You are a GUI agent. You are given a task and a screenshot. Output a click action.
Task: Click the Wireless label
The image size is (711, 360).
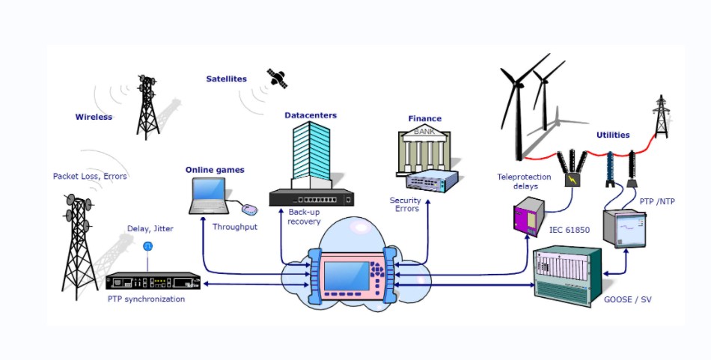point(94,117)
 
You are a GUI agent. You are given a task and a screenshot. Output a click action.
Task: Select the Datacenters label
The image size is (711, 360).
point(311,115)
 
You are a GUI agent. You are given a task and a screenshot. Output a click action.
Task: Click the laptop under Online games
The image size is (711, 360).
point(207,196)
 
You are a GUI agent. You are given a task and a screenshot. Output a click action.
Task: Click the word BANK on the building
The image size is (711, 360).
point(424,132)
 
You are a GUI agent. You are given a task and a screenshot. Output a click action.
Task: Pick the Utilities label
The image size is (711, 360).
point(613,135)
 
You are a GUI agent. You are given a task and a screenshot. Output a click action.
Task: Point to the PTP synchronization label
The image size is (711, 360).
point(146,299)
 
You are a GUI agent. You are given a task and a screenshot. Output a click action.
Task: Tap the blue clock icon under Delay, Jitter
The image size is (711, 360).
point(147,245)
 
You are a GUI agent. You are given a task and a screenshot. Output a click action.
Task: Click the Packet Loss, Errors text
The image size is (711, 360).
point(90,177)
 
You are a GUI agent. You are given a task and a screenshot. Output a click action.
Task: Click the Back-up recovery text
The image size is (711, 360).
point(305,216)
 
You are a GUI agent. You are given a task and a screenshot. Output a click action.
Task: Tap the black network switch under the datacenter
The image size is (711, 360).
point(312,198)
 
